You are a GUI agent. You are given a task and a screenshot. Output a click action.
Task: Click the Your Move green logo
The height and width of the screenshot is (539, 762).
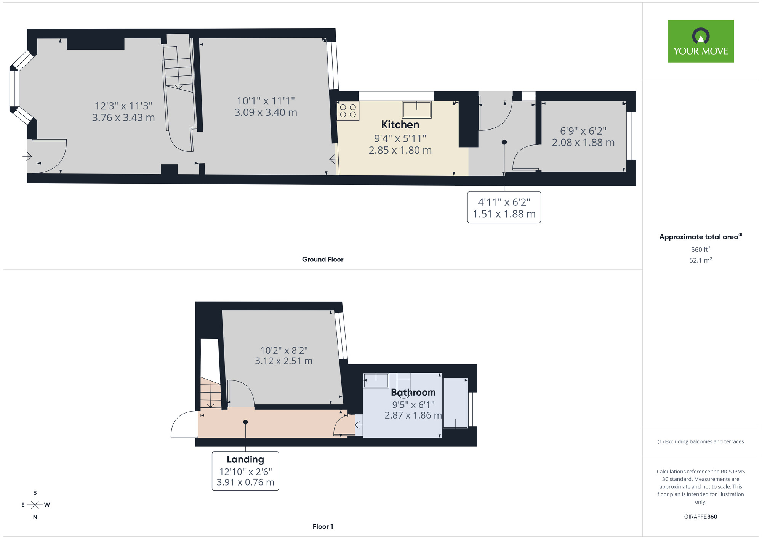pos(700,41)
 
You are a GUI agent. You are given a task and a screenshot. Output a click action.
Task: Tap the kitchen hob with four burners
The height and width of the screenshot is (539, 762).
pos(348,111)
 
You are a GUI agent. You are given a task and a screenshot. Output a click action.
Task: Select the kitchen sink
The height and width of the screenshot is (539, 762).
pos(416,109)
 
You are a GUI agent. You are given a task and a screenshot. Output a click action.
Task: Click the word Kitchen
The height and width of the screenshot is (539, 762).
pos(400,125)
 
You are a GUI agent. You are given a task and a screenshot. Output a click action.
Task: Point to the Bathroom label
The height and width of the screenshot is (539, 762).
pos(413,392)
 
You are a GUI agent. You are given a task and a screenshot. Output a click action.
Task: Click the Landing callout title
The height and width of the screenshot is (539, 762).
pos(245,459)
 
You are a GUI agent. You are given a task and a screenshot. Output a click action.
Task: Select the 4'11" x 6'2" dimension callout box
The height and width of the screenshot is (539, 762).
pos(504,207)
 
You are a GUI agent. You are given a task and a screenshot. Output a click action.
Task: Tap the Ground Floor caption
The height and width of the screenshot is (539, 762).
pos(323,259)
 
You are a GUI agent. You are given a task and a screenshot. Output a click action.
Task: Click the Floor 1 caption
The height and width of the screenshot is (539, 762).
pos(323,526)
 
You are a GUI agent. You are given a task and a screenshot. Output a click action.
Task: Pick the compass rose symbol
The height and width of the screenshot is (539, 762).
pos(35,505)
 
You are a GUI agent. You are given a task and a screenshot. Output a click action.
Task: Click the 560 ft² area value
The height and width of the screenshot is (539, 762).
pos(700,249)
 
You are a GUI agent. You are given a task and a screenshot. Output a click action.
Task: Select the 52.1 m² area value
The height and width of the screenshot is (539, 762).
pos(700,260)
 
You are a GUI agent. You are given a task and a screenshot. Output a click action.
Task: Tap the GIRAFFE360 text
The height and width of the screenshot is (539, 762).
pos(700,517)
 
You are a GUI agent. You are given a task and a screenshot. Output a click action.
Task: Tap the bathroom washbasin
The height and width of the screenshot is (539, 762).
pos(376,380)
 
